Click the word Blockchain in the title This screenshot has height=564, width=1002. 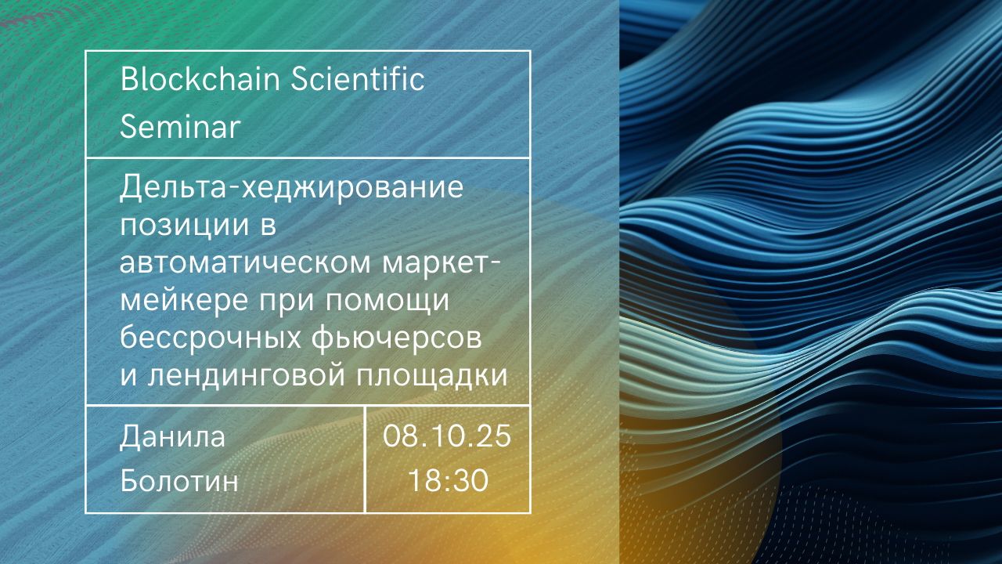(200, 79)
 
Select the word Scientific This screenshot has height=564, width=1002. (358, 79)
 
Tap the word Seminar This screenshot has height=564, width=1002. (180, 126)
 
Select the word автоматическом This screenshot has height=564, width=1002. (245, 263)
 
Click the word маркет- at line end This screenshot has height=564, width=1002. (441, 264)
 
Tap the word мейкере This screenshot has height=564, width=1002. (184, 302)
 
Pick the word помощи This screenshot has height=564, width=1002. (387, 302)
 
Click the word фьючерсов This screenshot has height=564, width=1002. (396, 339)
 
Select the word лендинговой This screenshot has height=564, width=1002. (247, 375)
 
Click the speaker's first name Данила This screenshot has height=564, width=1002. (172, 437)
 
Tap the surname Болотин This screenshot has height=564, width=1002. (179, 482)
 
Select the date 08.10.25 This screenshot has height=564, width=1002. (446, 436)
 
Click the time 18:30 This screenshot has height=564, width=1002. (448, 481)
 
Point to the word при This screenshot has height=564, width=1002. (287, 302)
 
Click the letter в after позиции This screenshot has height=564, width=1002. (268, 226)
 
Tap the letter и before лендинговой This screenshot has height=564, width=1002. (128, 376)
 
